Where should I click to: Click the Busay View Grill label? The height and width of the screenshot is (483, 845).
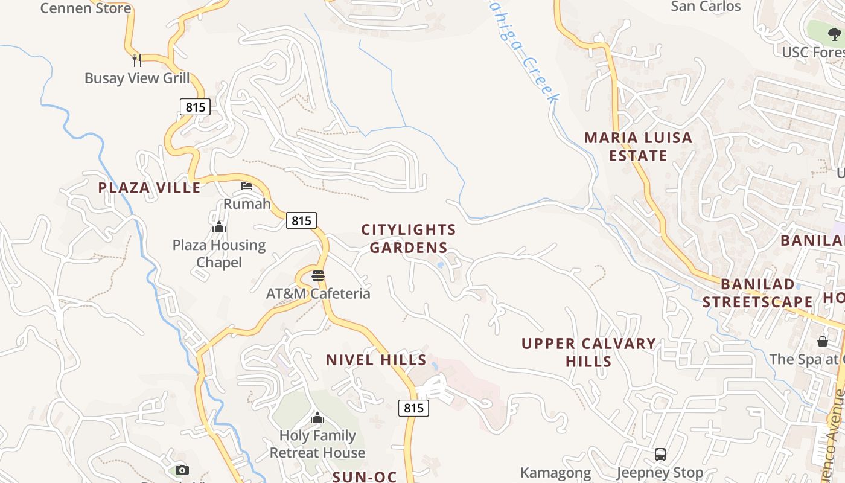coord(137,78)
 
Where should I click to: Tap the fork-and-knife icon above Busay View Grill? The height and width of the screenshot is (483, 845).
coord(137,60)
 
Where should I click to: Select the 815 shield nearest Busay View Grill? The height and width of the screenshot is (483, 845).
coord(195,107)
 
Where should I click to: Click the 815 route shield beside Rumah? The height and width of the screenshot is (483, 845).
coord(301,220)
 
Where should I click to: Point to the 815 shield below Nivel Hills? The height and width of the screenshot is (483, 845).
coord(414,408)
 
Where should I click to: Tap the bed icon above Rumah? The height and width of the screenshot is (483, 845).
coord(247,186)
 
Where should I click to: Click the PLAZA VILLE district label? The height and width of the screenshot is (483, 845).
coord(149,187)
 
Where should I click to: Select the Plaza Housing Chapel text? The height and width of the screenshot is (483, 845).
coord(219,254)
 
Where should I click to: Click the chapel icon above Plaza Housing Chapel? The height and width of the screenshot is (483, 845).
coord(219,227)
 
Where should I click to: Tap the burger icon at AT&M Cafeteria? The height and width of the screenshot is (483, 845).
coord(318,276)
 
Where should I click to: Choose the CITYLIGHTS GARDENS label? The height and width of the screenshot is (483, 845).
coord(409,238)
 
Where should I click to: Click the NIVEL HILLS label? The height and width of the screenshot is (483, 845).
coord(376,360)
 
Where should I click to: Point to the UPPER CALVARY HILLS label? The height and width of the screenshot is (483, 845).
coord(588,353)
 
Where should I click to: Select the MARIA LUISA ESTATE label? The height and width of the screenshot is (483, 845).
coord(638,147)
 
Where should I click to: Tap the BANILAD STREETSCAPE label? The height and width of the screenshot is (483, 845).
coord(757,293)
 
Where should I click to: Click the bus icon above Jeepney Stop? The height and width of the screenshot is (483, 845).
coord(660,454)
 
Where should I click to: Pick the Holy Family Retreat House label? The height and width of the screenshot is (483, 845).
coord(317,444)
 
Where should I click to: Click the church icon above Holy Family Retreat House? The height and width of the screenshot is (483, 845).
coord(317,417)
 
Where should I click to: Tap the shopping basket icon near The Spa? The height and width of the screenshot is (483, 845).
coord(822,342)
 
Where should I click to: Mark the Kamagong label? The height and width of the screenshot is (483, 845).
coord(555,473)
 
